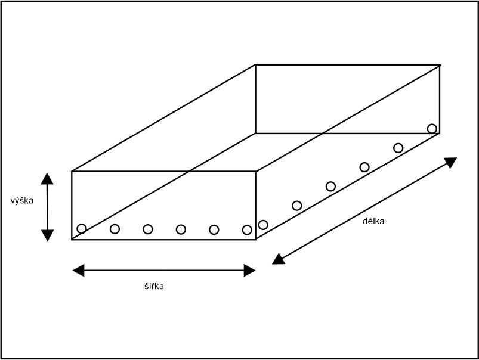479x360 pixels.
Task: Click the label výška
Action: point(22,201)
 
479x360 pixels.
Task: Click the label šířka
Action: point(154,286)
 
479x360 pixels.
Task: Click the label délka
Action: point(373,221)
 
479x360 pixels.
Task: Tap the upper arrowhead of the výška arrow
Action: point(48,178)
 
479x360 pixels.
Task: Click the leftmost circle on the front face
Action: point(82,228)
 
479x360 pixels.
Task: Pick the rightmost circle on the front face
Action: point(247,229)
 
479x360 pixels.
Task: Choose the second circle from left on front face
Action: point(115,229)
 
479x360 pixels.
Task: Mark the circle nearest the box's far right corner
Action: point(432,128)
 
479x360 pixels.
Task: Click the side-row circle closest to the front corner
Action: point(263,225)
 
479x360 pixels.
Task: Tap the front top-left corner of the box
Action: point(72,172)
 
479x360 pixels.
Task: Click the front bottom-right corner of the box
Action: point(255,240)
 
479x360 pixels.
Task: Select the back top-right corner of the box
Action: point(440,65)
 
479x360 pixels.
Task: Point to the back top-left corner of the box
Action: point(255,65)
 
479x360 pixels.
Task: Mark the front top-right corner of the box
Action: point(255,172)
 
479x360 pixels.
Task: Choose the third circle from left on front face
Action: point(148,229)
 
